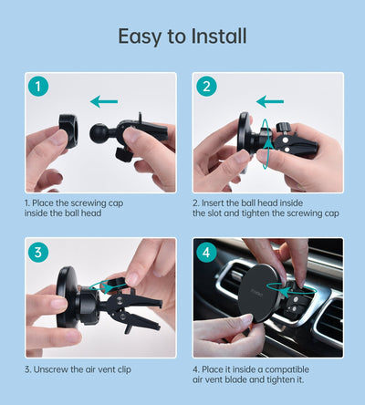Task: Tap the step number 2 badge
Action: (207, 88)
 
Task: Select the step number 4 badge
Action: (207, 254)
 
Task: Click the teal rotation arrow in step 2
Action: (264, 143)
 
